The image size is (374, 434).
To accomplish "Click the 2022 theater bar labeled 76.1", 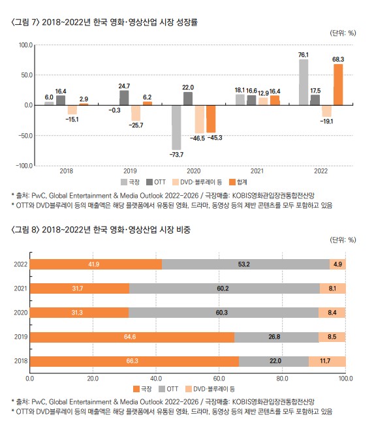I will (304, 82).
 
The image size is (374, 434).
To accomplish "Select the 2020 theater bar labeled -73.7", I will (176, 127).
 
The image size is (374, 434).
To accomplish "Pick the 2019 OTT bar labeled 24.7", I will (125, 97).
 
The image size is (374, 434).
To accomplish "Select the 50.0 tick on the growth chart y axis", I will (27, 75).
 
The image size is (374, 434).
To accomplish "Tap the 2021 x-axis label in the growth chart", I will (257, 172).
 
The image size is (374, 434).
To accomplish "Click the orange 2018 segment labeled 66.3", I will (134, 362).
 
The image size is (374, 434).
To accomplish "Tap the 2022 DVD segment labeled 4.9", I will (338, 263).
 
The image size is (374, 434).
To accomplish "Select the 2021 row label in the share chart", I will (20, 288).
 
